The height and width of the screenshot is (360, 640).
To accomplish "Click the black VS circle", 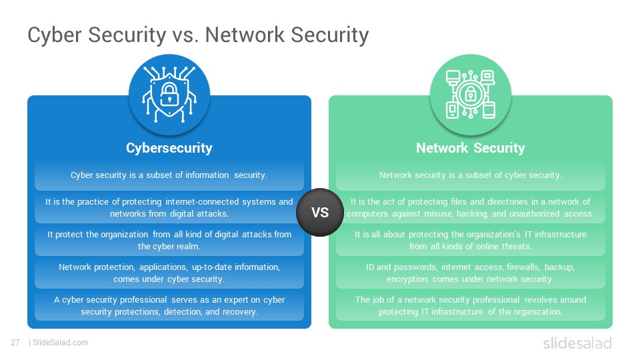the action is point(320,212).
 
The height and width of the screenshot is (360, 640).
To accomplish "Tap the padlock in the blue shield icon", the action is point(169,94).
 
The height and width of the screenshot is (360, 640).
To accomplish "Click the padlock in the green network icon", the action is point(471,94).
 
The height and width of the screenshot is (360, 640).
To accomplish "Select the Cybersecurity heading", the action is point(169,148).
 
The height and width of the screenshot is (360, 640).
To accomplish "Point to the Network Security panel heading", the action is point(470,148).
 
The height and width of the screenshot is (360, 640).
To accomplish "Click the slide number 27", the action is point(15,343).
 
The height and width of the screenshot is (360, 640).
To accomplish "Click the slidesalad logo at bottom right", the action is point(577,343).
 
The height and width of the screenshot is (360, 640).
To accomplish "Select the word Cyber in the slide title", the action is point(55,35).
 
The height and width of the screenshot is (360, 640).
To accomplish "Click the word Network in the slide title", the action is point(245,34).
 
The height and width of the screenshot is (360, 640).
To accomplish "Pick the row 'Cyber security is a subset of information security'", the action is point(169,175).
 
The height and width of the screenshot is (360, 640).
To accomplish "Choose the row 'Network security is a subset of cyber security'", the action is point(470,175).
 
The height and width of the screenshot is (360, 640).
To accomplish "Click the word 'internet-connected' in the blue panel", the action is point(202,201).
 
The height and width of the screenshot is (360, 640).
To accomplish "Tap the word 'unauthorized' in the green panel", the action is point(534,214).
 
